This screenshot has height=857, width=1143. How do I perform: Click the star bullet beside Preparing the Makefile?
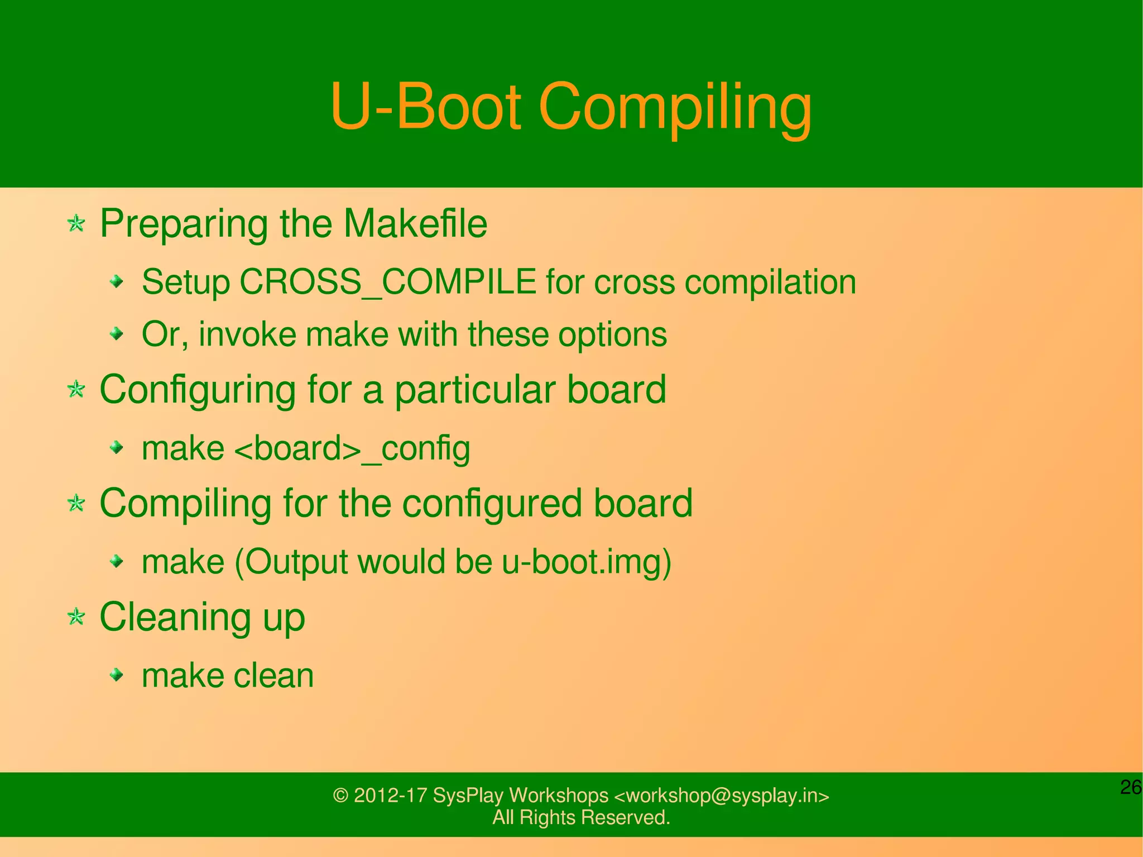point(76,224)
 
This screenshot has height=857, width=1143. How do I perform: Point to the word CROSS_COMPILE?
point(388,281)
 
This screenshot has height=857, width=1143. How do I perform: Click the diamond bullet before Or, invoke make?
point(117,334)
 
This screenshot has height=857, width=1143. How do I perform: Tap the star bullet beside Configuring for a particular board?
point(76,389)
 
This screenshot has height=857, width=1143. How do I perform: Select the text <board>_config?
point(352,448)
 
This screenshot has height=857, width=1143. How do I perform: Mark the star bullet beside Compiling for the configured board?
point(76,503)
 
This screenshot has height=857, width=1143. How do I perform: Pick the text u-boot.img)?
point(586,562)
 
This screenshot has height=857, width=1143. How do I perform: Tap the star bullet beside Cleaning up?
point(76,617)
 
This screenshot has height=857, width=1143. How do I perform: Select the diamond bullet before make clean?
point(117,676)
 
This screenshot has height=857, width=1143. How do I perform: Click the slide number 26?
point(1131,787)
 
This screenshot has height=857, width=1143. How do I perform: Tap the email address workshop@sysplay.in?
point(722,795)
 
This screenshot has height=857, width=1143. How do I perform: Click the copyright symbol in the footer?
point(340,795)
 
